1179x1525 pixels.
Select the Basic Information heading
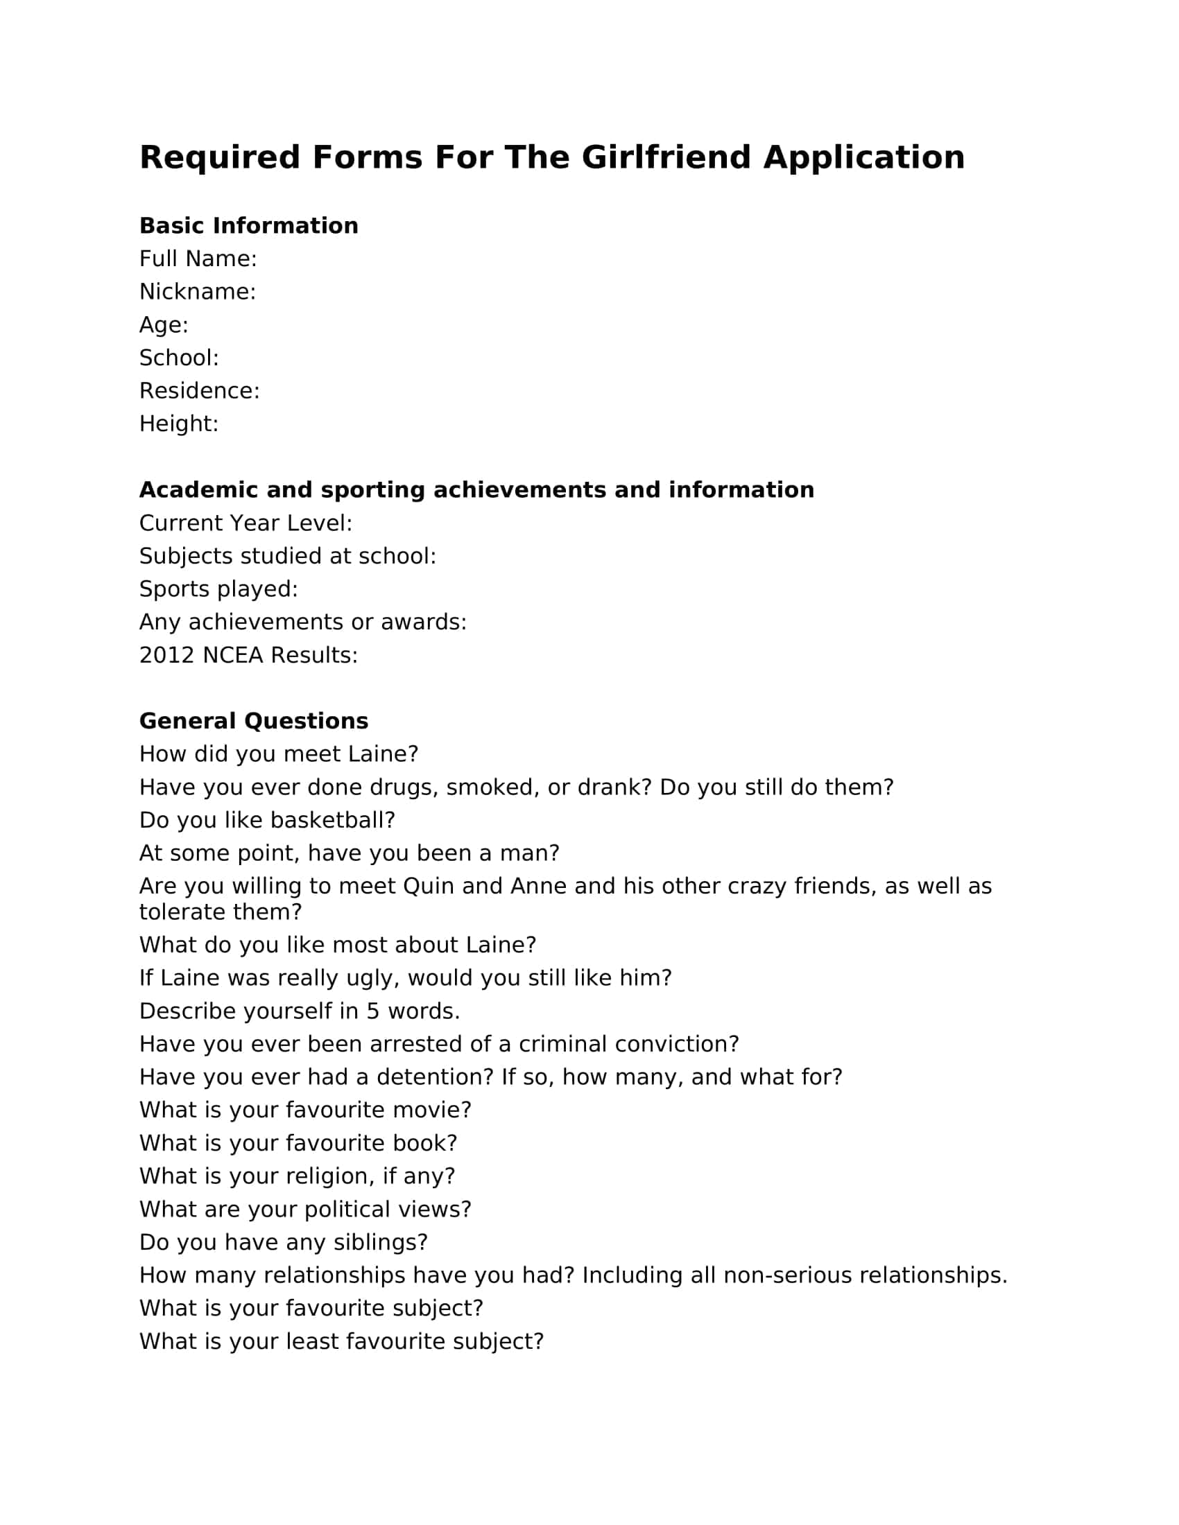(x=249, y=225)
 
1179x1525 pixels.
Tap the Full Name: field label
(x=198, y=259)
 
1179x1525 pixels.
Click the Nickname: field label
(x=198, y=292)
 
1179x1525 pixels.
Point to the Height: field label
(x=179, y=424)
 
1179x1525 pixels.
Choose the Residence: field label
(x=199, y=391)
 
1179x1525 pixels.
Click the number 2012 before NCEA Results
(x=166, y=655)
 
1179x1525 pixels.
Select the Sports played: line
(x=218, y=589)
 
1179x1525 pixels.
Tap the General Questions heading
(x=254, y=721)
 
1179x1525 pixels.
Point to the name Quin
(x=428, y=886)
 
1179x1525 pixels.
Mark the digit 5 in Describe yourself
(x=373, y=1011)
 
